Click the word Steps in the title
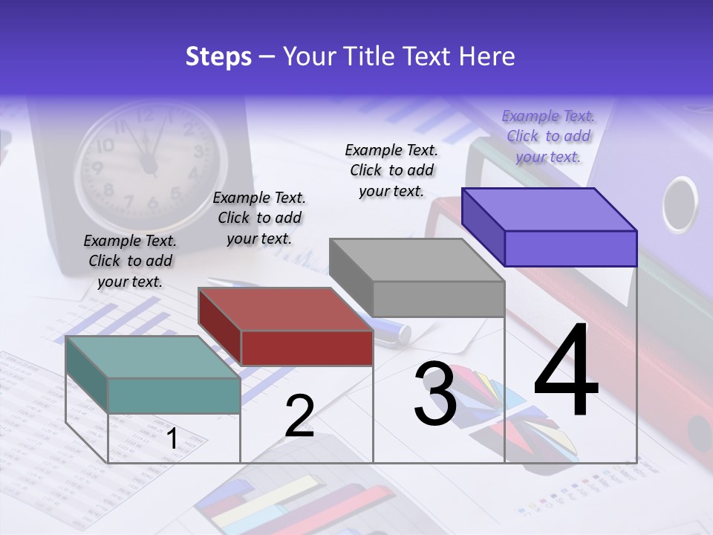[x=218, y=56]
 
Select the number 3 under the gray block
[x=435, y=394]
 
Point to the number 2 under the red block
[x=299, y=415]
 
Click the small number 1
[x=172, y=439]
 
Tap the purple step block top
[x=550, y=209]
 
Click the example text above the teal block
[x=130, y=261]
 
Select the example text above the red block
[x=259, y=218]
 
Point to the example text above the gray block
[x=391, y=170]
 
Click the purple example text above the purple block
[x=548, y=136]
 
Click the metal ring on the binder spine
[x=680, y=204]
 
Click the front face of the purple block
[x=570, y=248]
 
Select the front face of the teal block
[x=174, y=395]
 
